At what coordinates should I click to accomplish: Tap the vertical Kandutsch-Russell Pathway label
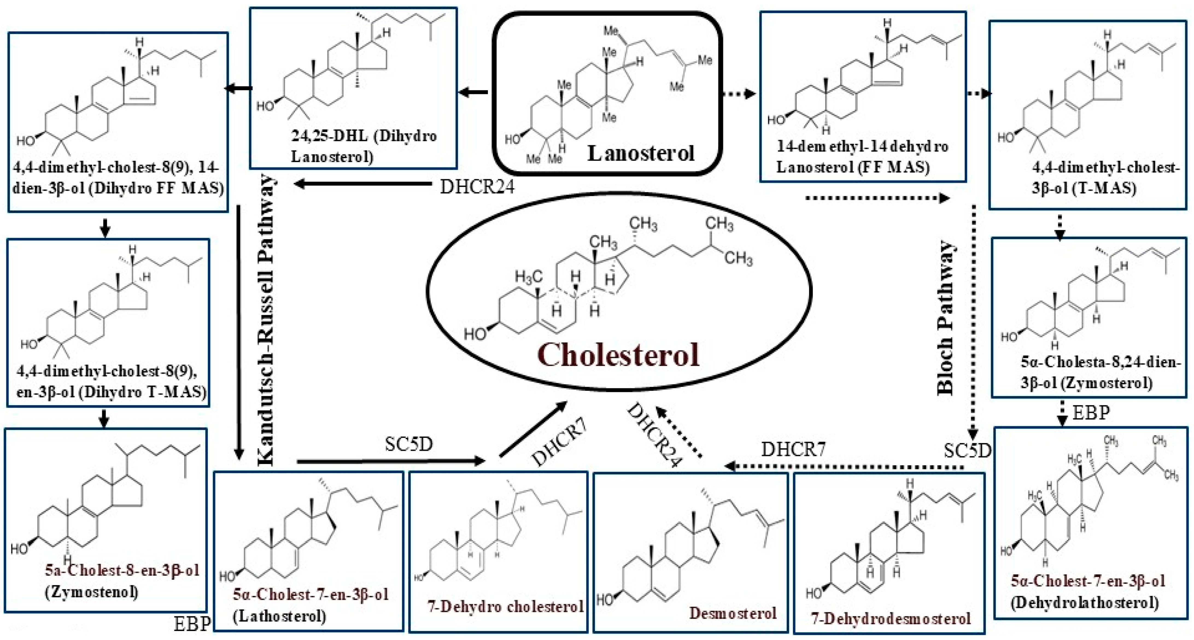tap(267, 320)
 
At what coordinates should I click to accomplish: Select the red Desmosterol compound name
tap(732, 613)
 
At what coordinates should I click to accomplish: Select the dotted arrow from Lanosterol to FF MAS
tap(740, 94)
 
